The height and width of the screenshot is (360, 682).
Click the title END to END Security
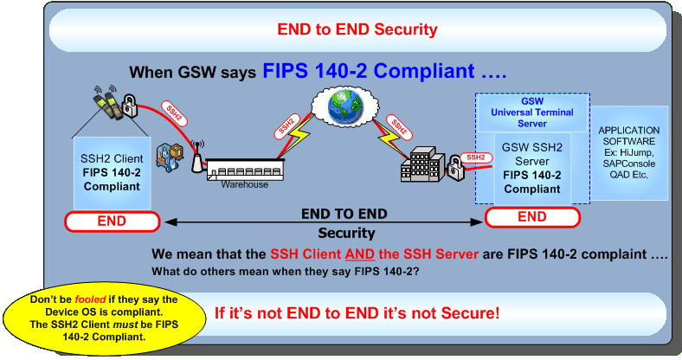(x=357, y=30)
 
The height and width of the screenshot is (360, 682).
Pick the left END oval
(x=112, y=221)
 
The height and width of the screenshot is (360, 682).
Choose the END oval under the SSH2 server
(x=532, y=217)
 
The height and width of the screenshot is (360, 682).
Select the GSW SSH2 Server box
(x=532, y=168)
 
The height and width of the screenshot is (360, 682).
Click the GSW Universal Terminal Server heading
(x=532, y=112)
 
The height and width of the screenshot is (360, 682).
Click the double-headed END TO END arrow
(x=322, y=223)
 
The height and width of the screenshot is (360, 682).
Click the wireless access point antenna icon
(x=196, y=161)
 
